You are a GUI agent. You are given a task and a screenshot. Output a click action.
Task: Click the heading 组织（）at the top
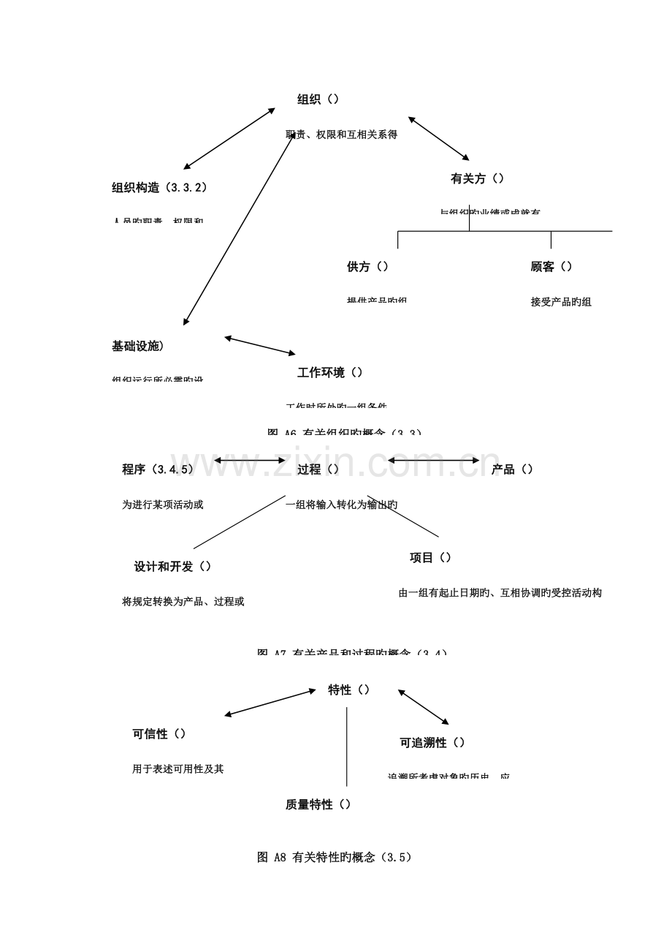coord(318,99)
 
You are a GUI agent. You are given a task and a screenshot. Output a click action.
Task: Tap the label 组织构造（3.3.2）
coord(159,187)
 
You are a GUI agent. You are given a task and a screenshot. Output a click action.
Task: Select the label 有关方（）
coord(477,178)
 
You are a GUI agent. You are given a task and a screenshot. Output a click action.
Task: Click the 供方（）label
coord(367,267)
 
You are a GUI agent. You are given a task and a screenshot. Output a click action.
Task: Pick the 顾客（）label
coord(551,267)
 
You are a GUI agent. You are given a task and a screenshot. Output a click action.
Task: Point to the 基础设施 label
coord(137,346)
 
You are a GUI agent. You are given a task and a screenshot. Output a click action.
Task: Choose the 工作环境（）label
coord(330,372)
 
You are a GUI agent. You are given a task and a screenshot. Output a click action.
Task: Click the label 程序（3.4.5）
coord(159,469)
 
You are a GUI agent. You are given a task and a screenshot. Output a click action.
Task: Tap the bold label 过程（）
coord(318,469)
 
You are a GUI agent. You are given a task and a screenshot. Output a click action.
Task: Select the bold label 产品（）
coord(512,469)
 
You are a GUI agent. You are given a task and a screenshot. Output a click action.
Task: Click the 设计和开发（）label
coord(172,566)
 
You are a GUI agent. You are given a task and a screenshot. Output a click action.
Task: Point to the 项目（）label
coord(430,557)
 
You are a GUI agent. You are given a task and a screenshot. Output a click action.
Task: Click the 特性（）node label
coord(348,690)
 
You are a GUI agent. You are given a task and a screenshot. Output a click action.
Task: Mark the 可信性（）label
coord(159,733)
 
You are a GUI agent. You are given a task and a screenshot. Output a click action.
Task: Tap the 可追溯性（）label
coord(432,742)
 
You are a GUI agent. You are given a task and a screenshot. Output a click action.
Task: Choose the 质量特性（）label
coord(318,804)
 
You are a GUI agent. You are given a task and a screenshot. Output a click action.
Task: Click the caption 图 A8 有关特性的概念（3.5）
coord(335,857)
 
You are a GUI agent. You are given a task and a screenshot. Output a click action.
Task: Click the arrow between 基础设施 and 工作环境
coord(260,346)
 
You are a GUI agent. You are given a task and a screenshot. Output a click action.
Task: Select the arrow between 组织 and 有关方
coord(438,137)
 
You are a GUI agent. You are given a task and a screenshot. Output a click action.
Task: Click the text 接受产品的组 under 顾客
coord(560,302)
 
